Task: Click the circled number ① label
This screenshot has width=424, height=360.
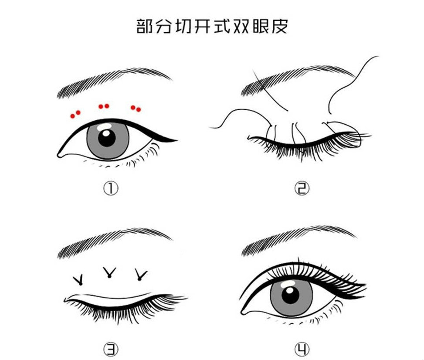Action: pos(111,188)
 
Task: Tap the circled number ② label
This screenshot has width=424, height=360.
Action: pos(302,188)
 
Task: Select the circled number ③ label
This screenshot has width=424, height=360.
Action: pos(111,350)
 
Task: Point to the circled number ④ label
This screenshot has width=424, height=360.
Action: pos(302,350)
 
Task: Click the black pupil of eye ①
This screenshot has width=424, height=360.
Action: pos(107,138)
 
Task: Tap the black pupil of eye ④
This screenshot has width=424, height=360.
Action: pos(290,295)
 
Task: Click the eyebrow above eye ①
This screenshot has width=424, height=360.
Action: pos(114,81)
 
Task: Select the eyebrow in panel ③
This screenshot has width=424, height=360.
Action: pos(114,242)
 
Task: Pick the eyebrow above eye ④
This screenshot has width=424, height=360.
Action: pos(298,239)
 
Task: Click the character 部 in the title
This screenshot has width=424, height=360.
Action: pos(145,26)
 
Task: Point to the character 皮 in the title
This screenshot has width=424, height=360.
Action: pos(279,26)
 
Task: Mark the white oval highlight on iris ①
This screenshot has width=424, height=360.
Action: pos(105,126)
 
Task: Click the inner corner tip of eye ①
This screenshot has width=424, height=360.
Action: pos(58,156)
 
